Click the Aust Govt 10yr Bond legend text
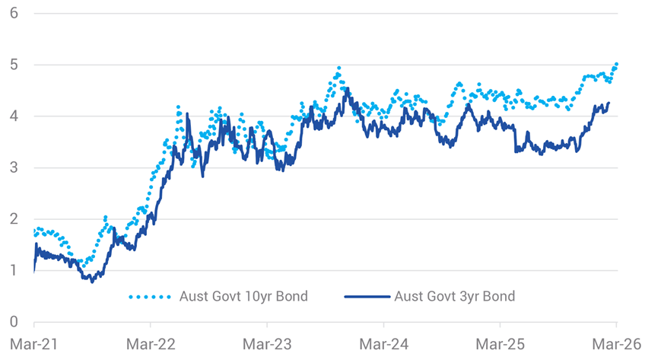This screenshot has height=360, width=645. click(x=244, y=296)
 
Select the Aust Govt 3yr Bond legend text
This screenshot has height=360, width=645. click(x=454, y=296)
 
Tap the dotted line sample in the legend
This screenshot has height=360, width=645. click(x=151, y=297)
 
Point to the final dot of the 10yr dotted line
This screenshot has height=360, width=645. click(x=616, y=64)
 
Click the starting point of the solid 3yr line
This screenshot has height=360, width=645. click(x=34, y=269)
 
